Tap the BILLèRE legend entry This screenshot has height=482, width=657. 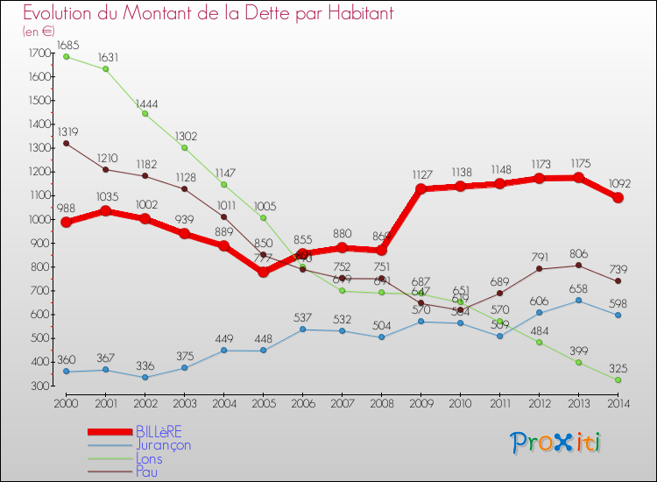159,431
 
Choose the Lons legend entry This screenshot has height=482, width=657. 149,457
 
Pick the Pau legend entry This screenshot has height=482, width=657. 147,471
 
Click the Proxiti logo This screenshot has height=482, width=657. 556,443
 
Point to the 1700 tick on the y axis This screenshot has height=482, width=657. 39,53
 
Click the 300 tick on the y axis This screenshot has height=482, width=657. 39,386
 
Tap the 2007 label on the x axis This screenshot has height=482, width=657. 343,402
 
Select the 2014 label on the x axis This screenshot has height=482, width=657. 618,402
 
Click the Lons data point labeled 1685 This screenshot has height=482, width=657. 67,56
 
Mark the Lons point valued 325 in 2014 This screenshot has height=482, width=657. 618,379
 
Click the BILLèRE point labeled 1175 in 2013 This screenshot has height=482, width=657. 579,178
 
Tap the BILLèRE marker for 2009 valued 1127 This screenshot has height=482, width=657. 421,189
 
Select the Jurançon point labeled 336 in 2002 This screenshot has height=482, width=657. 145,377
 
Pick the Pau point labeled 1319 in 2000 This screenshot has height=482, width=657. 67,143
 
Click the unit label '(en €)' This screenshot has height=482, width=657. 39,31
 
